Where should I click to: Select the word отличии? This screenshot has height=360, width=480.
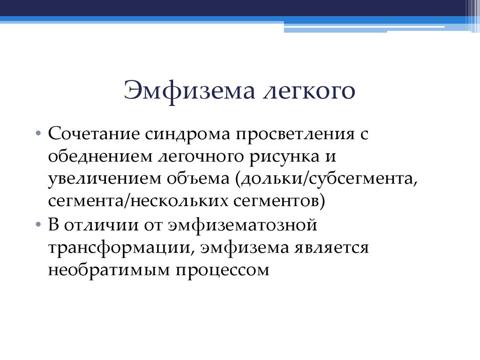point(98,225)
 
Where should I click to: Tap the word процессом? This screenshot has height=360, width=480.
point(225,270)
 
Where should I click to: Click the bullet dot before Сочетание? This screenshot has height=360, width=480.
point(38,135)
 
